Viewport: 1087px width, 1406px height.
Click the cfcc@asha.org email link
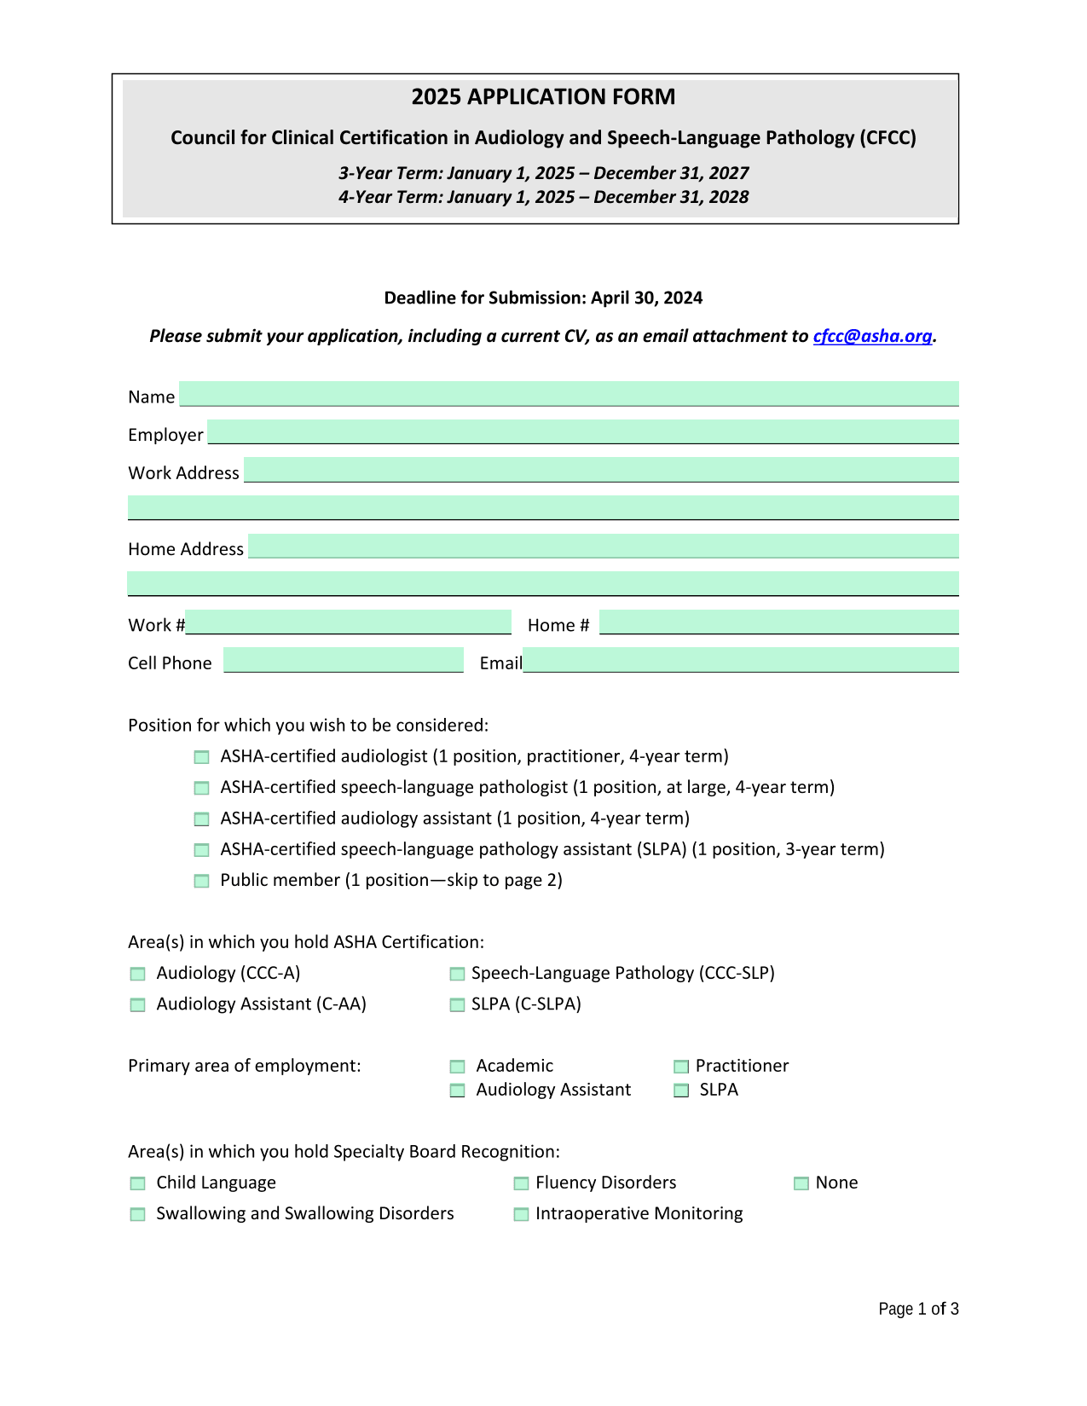click(x=872, y=336)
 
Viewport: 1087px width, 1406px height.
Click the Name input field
click(x=569, y=394)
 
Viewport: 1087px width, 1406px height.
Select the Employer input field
click(x=583, y=431)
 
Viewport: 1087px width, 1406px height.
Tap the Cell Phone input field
click(x=344, y=660)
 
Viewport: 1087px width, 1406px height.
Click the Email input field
click(x=741, y=660)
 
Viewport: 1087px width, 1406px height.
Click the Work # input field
click(x=349, y=622)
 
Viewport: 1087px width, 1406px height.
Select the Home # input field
click(x=778, y=622)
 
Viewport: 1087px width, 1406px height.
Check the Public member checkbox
click(x=201, y=881)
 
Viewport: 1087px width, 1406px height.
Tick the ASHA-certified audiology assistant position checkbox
click(x=201, y=819)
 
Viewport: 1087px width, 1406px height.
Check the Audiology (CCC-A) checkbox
click(x=137, y=974)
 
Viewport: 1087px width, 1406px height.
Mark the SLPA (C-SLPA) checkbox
click(x=458, y=1004)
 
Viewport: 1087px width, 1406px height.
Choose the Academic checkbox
click(x=458, y=1067)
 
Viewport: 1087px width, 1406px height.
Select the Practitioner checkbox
click(x=681, y=1067)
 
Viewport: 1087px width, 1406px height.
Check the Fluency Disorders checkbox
click(x=521, y=1183)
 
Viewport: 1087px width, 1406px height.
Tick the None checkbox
click(x=801, y=1183)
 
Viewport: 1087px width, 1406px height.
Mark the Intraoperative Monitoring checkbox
click(x=521, y=1214)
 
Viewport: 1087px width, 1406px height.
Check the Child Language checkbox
click(x=137, y=1183)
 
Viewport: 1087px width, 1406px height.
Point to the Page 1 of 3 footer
click(x=918, y=1309)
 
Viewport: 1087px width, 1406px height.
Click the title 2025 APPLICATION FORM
click(x=543, y=97)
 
